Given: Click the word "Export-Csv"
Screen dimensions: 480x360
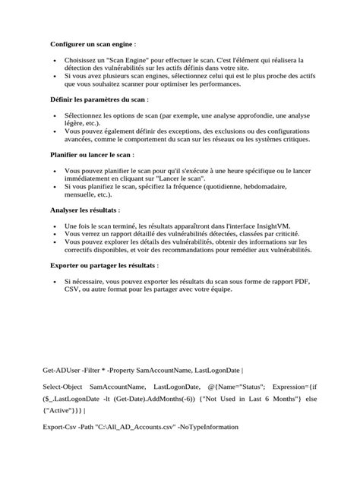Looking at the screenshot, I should [61, 427].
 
